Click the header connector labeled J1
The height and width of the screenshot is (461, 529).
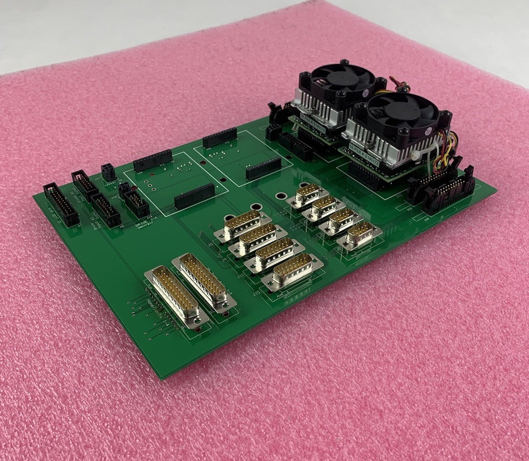point(61,204)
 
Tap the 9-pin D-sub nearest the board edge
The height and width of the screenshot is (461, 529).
point(359,235)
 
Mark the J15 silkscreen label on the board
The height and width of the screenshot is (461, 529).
point(257,294)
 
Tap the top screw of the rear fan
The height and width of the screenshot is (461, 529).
point(344,62)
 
